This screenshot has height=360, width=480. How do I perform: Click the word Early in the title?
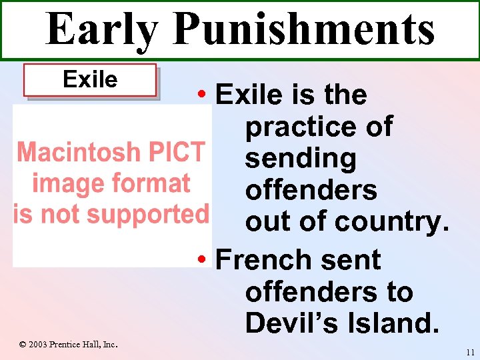[x=101, y=30]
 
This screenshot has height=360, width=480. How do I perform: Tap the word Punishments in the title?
[x=303, y=30]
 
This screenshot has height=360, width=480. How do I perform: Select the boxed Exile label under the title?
[x=90, y=80]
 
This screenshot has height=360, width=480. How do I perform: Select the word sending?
[x=300, y=159]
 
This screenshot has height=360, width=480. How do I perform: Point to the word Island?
[x=396, y=323]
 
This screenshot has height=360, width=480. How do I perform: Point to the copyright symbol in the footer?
[x=22, y=344]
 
